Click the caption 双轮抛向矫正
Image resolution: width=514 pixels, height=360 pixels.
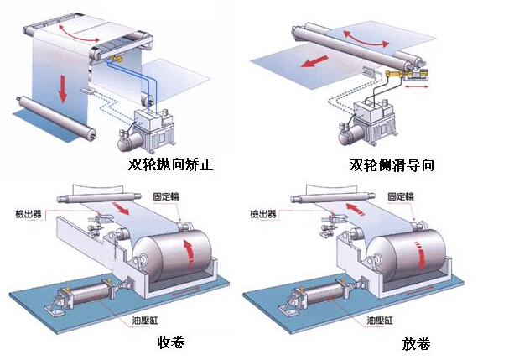point(170,165)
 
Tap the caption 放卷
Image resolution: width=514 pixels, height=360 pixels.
point(415,344)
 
